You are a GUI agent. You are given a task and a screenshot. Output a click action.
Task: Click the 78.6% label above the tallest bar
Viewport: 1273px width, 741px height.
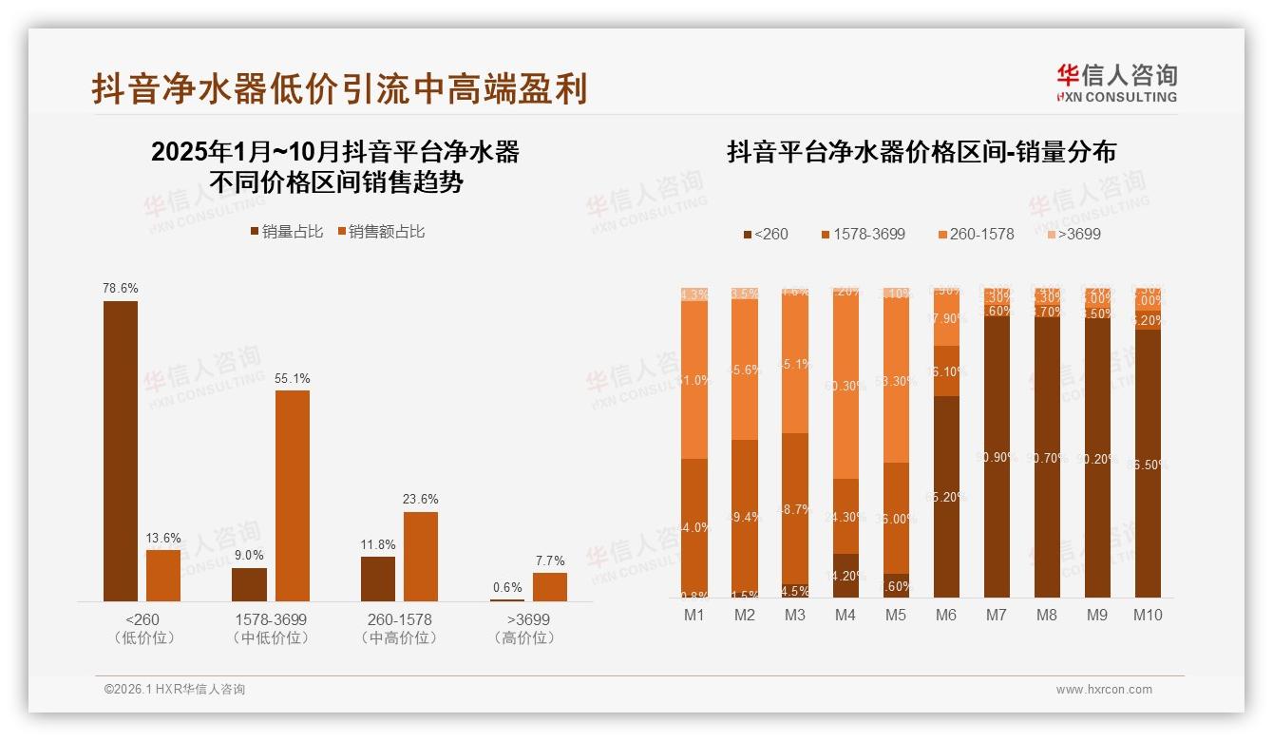[x=121, y=288]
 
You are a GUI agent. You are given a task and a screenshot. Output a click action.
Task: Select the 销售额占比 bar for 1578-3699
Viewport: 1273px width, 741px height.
[x=292, y=495]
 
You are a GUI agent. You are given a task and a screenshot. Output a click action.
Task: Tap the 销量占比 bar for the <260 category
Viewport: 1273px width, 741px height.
[x=121, y=451]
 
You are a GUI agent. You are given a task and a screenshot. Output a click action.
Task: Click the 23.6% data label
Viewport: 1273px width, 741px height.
[x=420, y=499]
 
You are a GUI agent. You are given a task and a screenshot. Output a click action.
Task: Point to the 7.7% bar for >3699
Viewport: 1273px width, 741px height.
[x=549, y=586]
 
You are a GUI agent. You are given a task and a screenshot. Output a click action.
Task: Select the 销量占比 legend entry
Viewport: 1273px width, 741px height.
[x=286, y=231]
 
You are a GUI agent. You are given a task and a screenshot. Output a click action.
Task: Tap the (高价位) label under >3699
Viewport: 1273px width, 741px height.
[x=524, y=638]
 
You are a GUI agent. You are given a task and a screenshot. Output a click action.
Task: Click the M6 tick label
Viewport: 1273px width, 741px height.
[x=945, y=615]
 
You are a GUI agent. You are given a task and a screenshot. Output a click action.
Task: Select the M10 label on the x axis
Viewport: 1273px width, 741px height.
[x=1148, y=615]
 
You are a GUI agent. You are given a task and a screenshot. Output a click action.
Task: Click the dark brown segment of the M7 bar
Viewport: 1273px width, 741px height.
[x=996, y=456]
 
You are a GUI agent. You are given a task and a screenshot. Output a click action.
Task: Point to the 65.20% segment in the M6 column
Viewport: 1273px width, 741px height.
[x=945, y=496]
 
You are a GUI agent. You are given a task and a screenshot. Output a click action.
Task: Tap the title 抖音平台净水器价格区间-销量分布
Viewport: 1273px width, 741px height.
[x=921, y=152]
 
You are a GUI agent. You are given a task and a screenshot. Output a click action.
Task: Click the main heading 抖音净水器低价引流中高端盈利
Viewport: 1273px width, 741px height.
[x=339, y=88]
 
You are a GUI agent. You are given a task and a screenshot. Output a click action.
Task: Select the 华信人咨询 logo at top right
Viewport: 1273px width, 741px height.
[x=1116, y=84]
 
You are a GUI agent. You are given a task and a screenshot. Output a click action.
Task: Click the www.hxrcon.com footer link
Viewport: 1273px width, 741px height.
[x=1104, y=690]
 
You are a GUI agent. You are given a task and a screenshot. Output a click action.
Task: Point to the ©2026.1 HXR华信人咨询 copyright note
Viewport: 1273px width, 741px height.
[x=174, y=690]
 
